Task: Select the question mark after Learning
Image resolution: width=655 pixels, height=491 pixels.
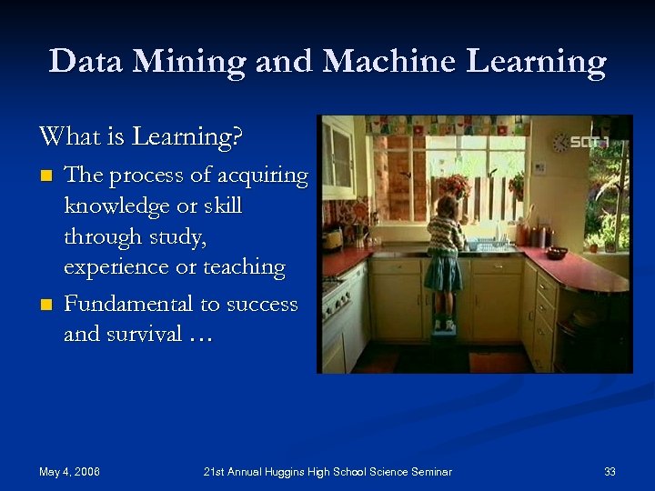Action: pyautogui.click(x=237, y=137)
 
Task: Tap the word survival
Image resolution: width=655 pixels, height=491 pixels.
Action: pyautogui.click(x=140, y=334)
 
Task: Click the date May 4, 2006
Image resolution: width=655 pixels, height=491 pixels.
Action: pyautogui.click(x=69, y=471)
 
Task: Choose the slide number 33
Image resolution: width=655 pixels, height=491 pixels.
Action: pyautogui.click(x=610, y=471)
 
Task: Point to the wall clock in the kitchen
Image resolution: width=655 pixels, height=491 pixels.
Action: pyautogui.click(x=559, y=142)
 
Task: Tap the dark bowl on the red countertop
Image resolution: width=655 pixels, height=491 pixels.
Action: pyautogui.click(x=556, y=253)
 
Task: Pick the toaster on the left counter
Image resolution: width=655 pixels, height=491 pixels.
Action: pyautogui.click(x=333, y=238)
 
